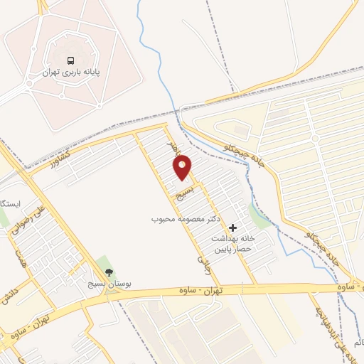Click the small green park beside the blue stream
coord(261,216)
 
